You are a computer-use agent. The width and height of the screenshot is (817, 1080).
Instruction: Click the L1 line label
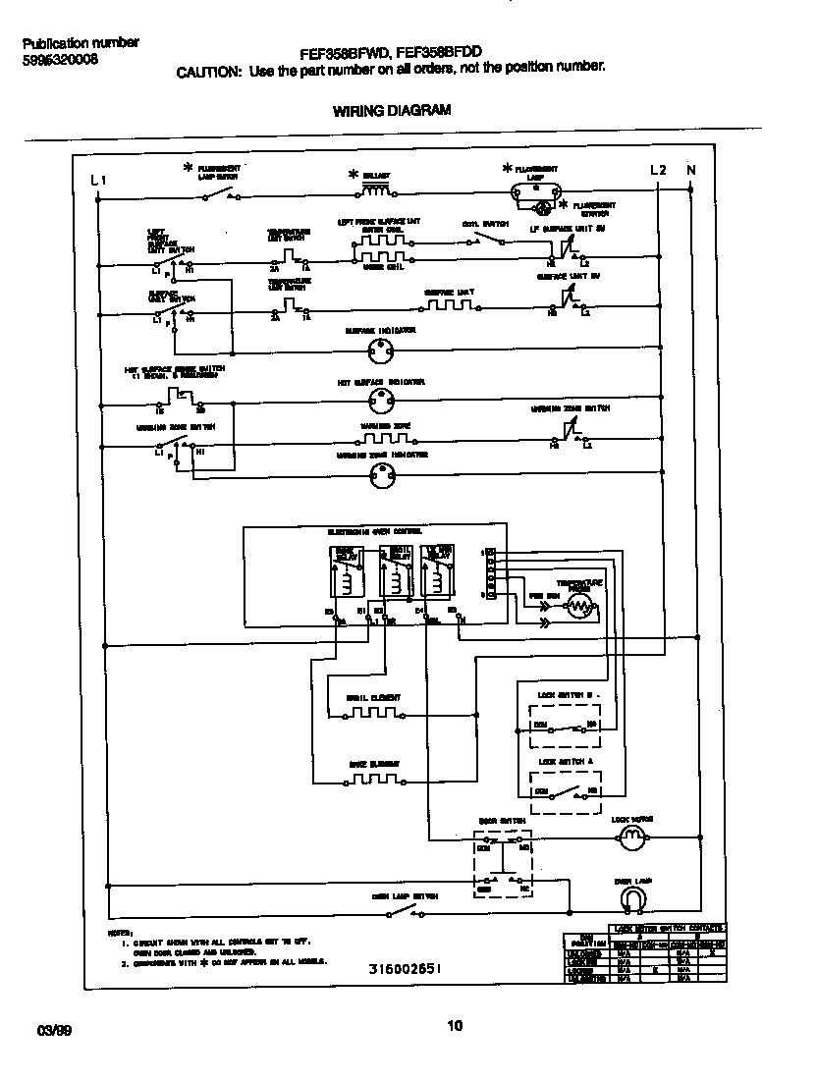pyautogui.click(x=97, y=180)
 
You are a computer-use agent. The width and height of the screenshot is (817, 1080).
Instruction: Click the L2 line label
pyautogui.click(x=659, y=170)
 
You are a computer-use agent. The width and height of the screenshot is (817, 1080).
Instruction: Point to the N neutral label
pyautogui.click(x=690, y=170)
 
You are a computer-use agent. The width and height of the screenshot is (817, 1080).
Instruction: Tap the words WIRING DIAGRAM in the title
pyautogui.click(x=385, y=111)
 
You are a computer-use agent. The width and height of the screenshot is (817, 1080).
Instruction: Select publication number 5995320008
pyautogui.click(x=59, y=60)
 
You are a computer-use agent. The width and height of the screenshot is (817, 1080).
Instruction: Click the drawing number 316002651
pyautogui.click(x=405, y=968)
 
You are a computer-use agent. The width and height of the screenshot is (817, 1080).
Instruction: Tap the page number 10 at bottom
pyautogui.click(x=454, y=1026)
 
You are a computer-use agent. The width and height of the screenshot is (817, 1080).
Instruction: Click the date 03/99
pyautogui.click(x=54, y=1030)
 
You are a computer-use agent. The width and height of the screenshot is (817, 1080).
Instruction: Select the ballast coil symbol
pyautogui.click(x=377, y=188)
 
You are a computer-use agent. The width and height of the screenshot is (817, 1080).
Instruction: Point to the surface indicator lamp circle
pyautogui.click(x=380, y=351)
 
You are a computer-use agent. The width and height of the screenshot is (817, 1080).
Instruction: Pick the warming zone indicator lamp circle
pyautogui.click(x=380, y=475)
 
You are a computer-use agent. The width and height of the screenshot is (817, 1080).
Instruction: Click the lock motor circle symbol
pyautogui.click(x=632, y=837)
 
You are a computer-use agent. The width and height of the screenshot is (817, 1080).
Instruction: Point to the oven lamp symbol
pyautogui.click(x=632, y=898)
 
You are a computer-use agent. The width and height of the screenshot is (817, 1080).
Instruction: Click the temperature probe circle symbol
pyautogui.click(x=579, y=608)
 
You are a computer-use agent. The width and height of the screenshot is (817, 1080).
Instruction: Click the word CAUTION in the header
pyautogui.click(x=208, y=72)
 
